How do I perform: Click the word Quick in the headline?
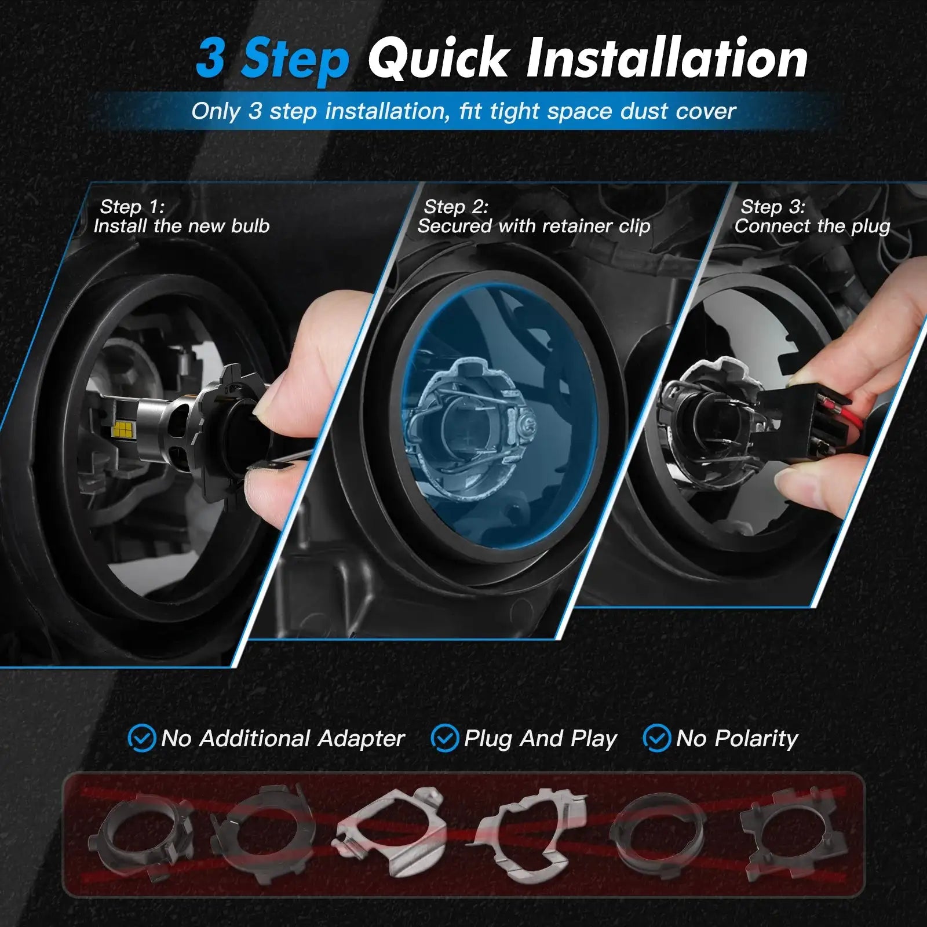click(438, 58)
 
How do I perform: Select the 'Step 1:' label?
click(132, 207)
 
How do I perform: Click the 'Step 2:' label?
click(456, 207)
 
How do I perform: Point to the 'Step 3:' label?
click(773, 207)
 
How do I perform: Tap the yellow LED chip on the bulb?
click(122, 428)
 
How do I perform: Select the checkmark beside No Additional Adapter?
click(141, 739)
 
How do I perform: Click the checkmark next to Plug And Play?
click(445, 739)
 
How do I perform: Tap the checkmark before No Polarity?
click(657, 739)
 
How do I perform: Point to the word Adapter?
click(361, 739)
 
